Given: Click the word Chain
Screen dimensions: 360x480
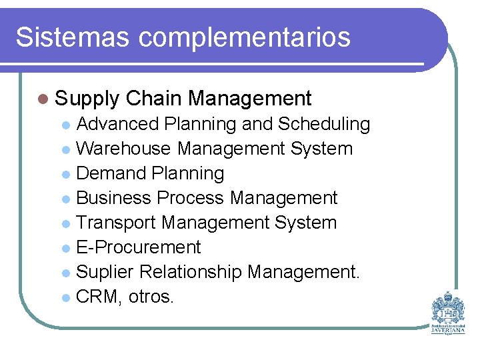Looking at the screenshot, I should pyautogui.click(x=153, y=99).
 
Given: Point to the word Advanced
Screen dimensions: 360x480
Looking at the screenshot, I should pyautogui.click(x=117, y=124).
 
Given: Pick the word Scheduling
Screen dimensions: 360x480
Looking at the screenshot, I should pyautogui.click(x=324, y=125).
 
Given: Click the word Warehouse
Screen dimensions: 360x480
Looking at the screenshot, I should pyautogui.click(x=125, y=148).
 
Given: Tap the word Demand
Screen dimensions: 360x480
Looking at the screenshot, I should pyautogui.click(x=111, y=173).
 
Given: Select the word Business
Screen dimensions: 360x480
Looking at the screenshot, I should pyautogui.click(x=114, y=198).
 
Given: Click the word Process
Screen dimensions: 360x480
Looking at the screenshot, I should pyautogui.click(x=191, y=198).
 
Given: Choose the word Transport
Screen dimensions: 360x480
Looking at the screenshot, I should pyautogui.click(x=116, y=223).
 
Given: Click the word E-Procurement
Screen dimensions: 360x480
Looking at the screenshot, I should pyautogui.click(x=139, y=247).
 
